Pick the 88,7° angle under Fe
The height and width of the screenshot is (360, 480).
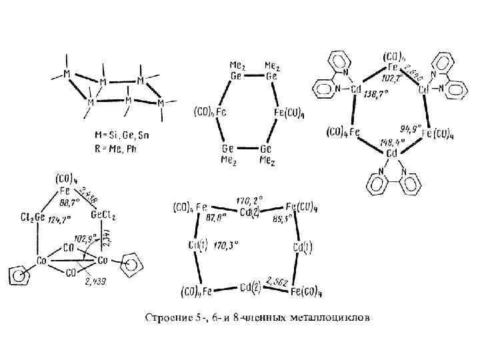(70, 200)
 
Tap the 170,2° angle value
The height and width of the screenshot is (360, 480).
(250, 198)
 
